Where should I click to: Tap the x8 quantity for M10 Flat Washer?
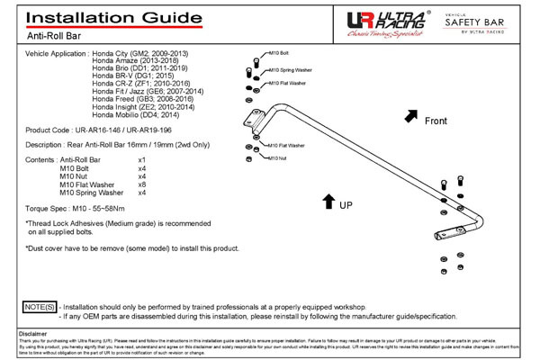(x=141, y=184)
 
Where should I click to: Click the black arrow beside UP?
(x=328, y=201)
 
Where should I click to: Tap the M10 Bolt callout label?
(x=279, y=52)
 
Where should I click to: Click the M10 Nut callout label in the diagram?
(x=278, y=157)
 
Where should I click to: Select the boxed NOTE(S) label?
(x=40, y=307)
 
